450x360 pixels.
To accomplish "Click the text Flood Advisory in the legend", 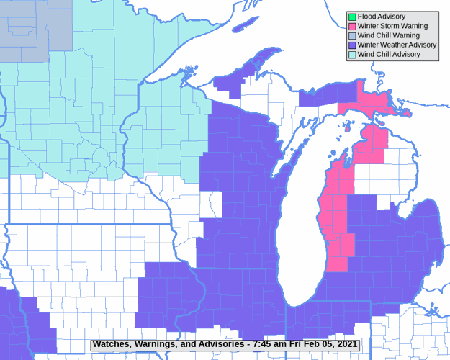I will coord(382,17).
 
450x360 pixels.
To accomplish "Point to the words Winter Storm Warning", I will coord(392,26).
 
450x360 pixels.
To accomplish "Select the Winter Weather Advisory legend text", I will coord(397,45).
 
